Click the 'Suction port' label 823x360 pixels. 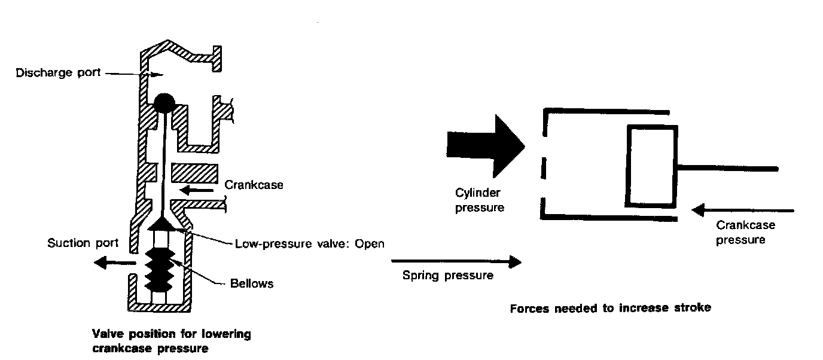coord(84,243)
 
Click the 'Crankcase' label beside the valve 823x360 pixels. coord(254,185)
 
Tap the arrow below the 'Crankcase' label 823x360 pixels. coord(197,191)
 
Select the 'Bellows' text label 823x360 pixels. coord(251,283)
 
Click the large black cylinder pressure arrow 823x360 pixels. coord(485,145)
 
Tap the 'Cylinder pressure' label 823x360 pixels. coord(479,200)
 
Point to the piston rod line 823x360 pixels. coord(727,168)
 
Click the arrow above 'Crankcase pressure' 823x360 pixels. coord(742,210)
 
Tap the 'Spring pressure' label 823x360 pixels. coord(448,276)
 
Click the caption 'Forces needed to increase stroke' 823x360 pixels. coord(610,309)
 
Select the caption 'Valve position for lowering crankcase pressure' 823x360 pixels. coord(171,341)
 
